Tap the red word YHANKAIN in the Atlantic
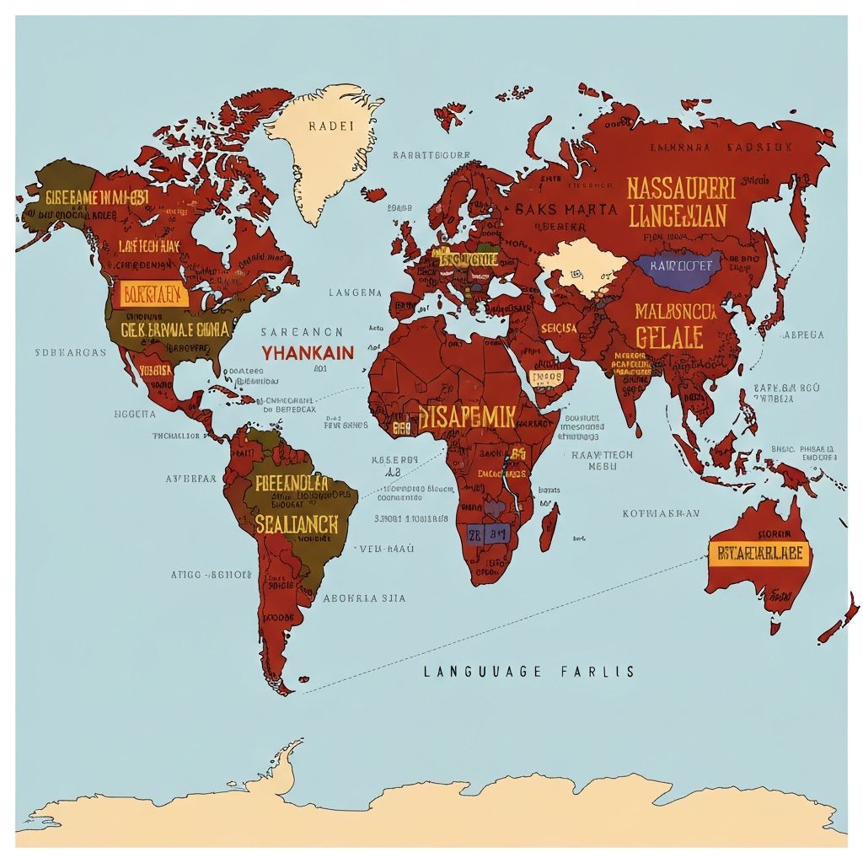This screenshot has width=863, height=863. tap(307, 353)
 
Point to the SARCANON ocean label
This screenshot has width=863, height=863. tap(301, 332)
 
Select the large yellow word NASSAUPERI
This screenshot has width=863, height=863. tap(681, 187)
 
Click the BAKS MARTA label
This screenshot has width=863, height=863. tap(566, 209)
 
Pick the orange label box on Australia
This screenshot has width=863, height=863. tap(759, 554)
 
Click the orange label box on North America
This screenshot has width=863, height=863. tap(153, 294)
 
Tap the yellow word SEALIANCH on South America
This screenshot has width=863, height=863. tap(297, 523)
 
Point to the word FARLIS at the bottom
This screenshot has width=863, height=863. tap(596, 672)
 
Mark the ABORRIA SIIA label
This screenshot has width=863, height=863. tap(364, 598)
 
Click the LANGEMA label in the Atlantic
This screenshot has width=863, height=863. tap(355, 292)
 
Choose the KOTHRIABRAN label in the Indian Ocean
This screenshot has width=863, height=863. tap(660, 512)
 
